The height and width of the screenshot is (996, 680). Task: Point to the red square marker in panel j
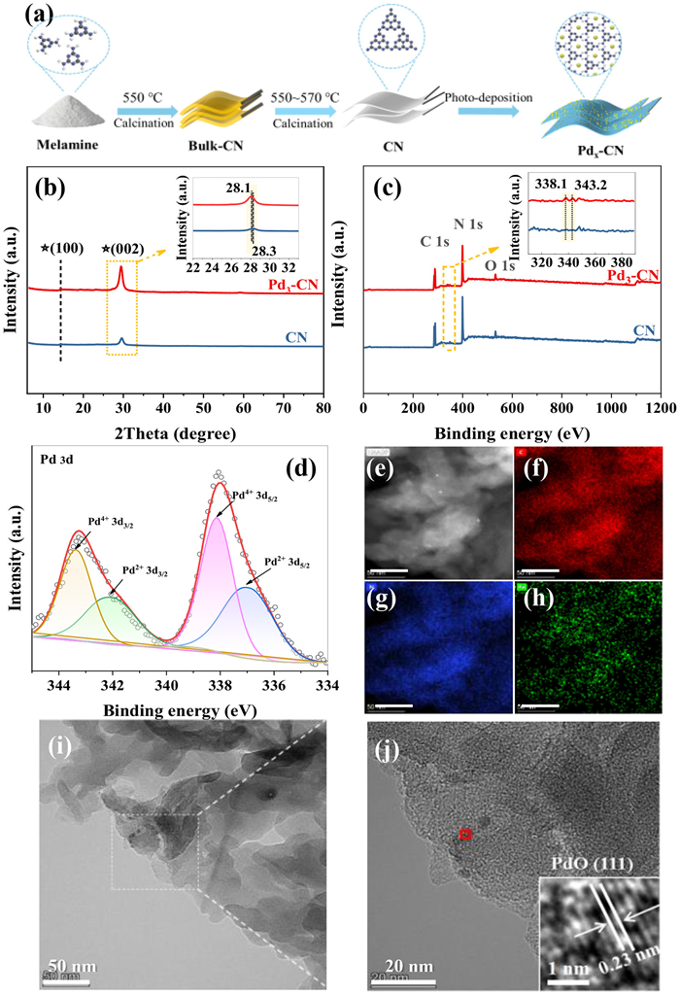465,833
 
